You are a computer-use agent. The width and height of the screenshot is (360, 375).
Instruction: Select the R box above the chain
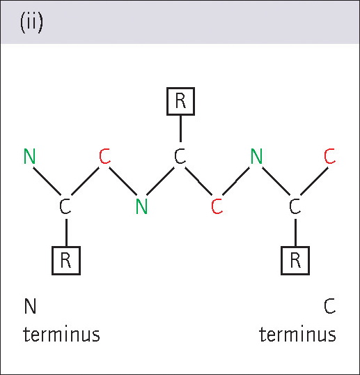[180, 101]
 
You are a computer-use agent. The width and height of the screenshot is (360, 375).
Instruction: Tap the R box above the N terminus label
[66, 261]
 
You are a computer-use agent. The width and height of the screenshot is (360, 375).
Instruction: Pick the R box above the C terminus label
[295, 261]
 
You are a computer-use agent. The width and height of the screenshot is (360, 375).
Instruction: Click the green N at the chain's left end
[30, 156]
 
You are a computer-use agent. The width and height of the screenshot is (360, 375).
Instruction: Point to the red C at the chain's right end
[329, 156]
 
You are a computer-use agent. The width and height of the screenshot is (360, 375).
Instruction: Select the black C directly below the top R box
[180, 156]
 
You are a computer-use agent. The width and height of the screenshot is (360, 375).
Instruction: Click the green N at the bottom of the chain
[141, 206]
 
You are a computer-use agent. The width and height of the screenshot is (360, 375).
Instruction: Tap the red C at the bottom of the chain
[217, 206]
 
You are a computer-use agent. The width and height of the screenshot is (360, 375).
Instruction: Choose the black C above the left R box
[65, 206]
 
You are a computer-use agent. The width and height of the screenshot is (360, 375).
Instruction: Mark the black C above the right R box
[295, 206]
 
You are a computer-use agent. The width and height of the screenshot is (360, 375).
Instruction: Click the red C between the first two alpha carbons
[104, 156]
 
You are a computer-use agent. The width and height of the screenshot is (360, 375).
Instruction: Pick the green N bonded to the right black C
[256, 156]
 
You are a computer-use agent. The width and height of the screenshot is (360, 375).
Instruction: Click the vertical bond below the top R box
[180, 129]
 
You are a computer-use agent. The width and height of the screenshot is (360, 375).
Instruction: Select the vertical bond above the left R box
[66, 233]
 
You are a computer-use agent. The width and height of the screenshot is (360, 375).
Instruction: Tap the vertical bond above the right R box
[295, 233]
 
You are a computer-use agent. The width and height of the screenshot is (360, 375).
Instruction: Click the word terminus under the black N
[61, 334]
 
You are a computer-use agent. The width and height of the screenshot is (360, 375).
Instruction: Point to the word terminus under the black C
[297, 334]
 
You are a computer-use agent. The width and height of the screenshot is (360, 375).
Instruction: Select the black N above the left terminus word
[31, 306]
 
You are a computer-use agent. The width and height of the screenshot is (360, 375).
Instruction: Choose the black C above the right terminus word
[330, 306]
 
